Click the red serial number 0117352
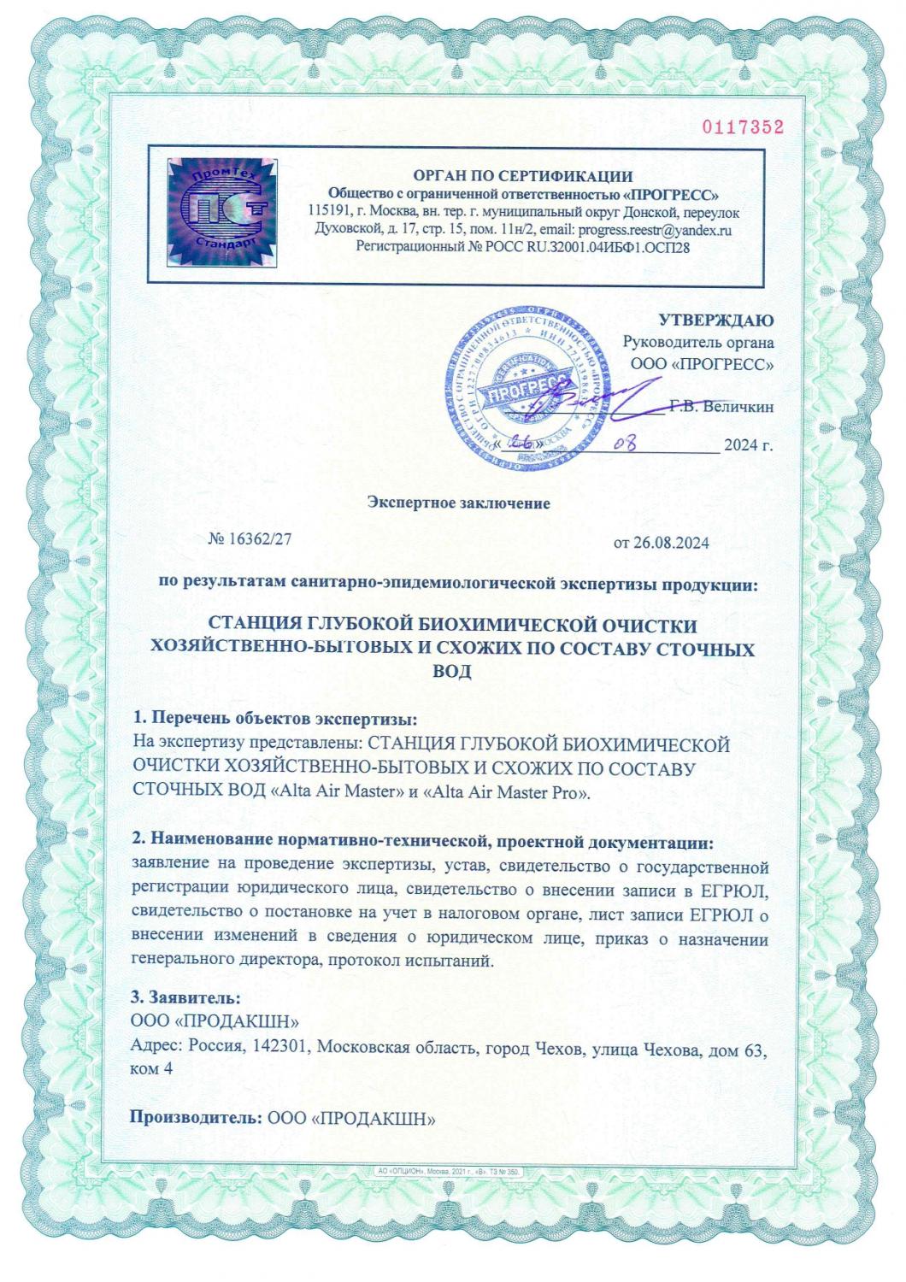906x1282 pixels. point(743,127)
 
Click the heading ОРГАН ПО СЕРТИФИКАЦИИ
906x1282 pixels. point(523,177)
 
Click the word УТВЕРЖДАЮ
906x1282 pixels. point(716,320)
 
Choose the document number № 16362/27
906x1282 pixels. point(256,539)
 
